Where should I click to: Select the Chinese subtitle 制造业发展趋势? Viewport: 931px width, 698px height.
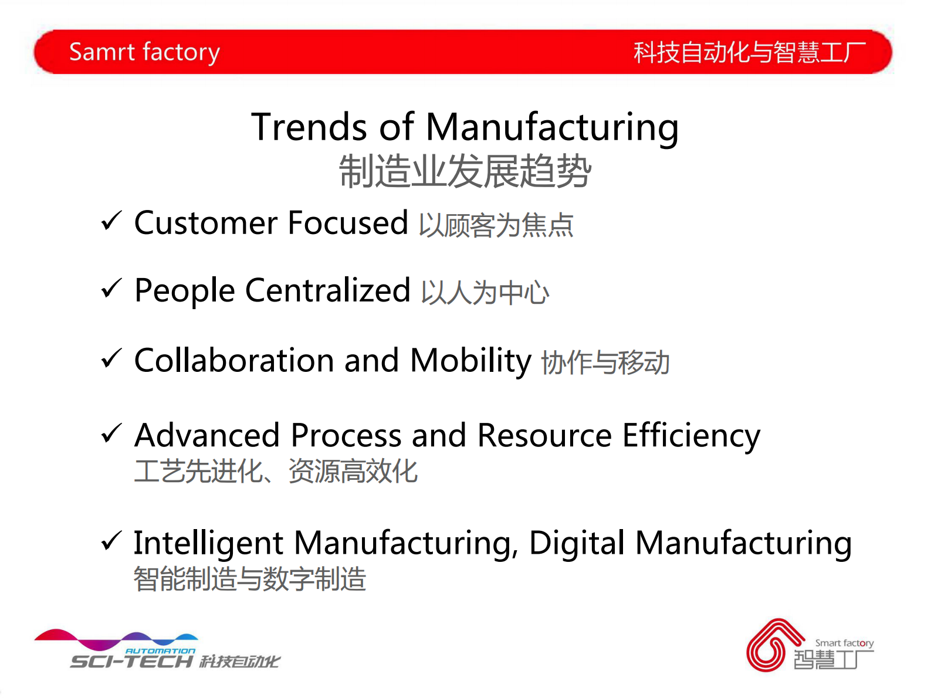click(x=465, y=171)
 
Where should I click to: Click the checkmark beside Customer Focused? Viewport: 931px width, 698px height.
click(x=111, y=221)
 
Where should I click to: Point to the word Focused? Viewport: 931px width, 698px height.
click(x=348, y=222)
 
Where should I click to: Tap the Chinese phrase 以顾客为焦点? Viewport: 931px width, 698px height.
click(x=496, y=225)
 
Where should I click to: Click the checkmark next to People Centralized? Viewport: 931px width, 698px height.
click(x=111, y=289)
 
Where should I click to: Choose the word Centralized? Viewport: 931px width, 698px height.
click(x=327, y=290)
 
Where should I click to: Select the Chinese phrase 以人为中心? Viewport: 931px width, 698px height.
click(x=485, y=292)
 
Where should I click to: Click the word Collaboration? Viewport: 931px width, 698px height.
click(x=234, y=360)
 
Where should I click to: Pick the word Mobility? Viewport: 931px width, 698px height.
click(x=470, y=361)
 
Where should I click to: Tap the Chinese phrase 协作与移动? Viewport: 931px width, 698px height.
click(x=605, y=362)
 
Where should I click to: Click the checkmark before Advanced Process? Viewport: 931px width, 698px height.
click(x=111, y=433)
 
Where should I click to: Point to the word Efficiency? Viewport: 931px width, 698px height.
click(x=692, y=436)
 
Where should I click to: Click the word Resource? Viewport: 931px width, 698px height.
click(x=544, y=435)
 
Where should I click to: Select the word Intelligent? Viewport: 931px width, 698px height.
click(x=208, y=543)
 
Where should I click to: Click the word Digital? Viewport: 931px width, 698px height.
click(x=577, y=543)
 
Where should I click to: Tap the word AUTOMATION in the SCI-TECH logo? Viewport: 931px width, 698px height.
click(x=160, y=650)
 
